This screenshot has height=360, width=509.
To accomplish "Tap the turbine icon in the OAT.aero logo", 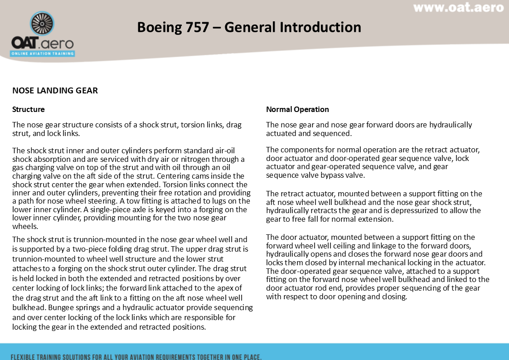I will pos(42,24).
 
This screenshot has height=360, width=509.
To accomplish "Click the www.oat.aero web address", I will pos(458,8).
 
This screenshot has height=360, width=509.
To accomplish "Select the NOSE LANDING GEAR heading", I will pos(55,90).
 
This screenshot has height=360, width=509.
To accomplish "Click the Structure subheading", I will pos(28,109).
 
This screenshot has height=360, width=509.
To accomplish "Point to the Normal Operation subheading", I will pos(297,109).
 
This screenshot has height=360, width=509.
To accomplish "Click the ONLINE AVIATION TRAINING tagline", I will pos(43,53).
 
